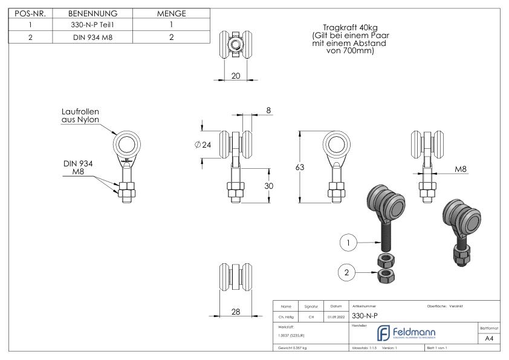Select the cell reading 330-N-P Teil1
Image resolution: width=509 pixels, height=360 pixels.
(x=94, y=25)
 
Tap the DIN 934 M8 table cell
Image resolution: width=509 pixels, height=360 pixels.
(x=94, y=37)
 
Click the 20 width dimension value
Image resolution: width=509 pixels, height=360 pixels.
(x=236, y=76)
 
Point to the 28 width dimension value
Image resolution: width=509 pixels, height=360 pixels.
(x=236, y=312)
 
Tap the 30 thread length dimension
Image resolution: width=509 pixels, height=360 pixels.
(x=269, y=186)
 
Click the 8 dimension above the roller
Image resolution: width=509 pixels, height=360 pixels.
(x=269, y=111)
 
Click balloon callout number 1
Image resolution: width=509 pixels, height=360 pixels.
(x=347, y=243)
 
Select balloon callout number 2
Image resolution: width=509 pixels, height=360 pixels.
(x=347, y=273)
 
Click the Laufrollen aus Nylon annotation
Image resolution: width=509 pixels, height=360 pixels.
(x=80, y=116)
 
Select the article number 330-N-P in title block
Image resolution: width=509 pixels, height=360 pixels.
(x=365, y=316)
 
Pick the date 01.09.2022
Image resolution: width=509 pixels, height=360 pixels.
(x=336, y=316)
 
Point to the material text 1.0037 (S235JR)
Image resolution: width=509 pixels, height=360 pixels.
(x=293, y=335)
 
